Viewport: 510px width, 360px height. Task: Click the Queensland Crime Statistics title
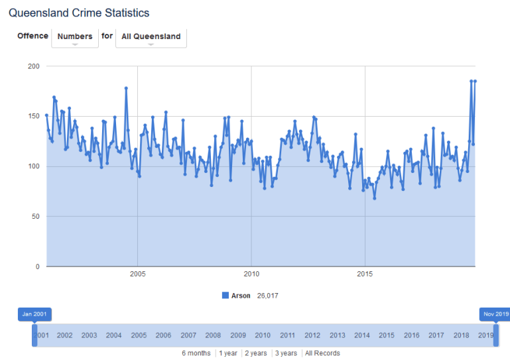pos(79,13)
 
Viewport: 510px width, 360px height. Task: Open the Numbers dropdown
pos(75,37)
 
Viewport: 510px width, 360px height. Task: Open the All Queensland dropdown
pos(151,37)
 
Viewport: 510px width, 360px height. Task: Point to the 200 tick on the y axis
pos(33,66)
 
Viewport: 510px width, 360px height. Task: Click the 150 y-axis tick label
pos(33,116)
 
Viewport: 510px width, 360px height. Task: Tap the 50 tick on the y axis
pos(35,216)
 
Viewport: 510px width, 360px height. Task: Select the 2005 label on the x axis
pos(137,273)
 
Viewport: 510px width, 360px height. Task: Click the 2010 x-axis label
pos(251,273)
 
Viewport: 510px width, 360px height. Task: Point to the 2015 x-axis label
pos(365,273)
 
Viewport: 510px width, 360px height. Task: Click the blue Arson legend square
pos(225,296)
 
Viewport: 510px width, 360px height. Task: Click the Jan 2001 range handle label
pos(34,314)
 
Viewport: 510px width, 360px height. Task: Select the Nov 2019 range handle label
pos(495,314)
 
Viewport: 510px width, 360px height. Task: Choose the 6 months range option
pos(196,353)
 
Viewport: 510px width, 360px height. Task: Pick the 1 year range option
pos(228,353)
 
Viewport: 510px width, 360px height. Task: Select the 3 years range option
pos(286,353)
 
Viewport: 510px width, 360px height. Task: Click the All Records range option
pos(322,353)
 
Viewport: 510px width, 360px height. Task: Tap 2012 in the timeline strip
pos(312,335)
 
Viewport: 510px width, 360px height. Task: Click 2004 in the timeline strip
pos(113,335)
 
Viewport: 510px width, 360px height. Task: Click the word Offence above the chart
pos(32,36)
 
